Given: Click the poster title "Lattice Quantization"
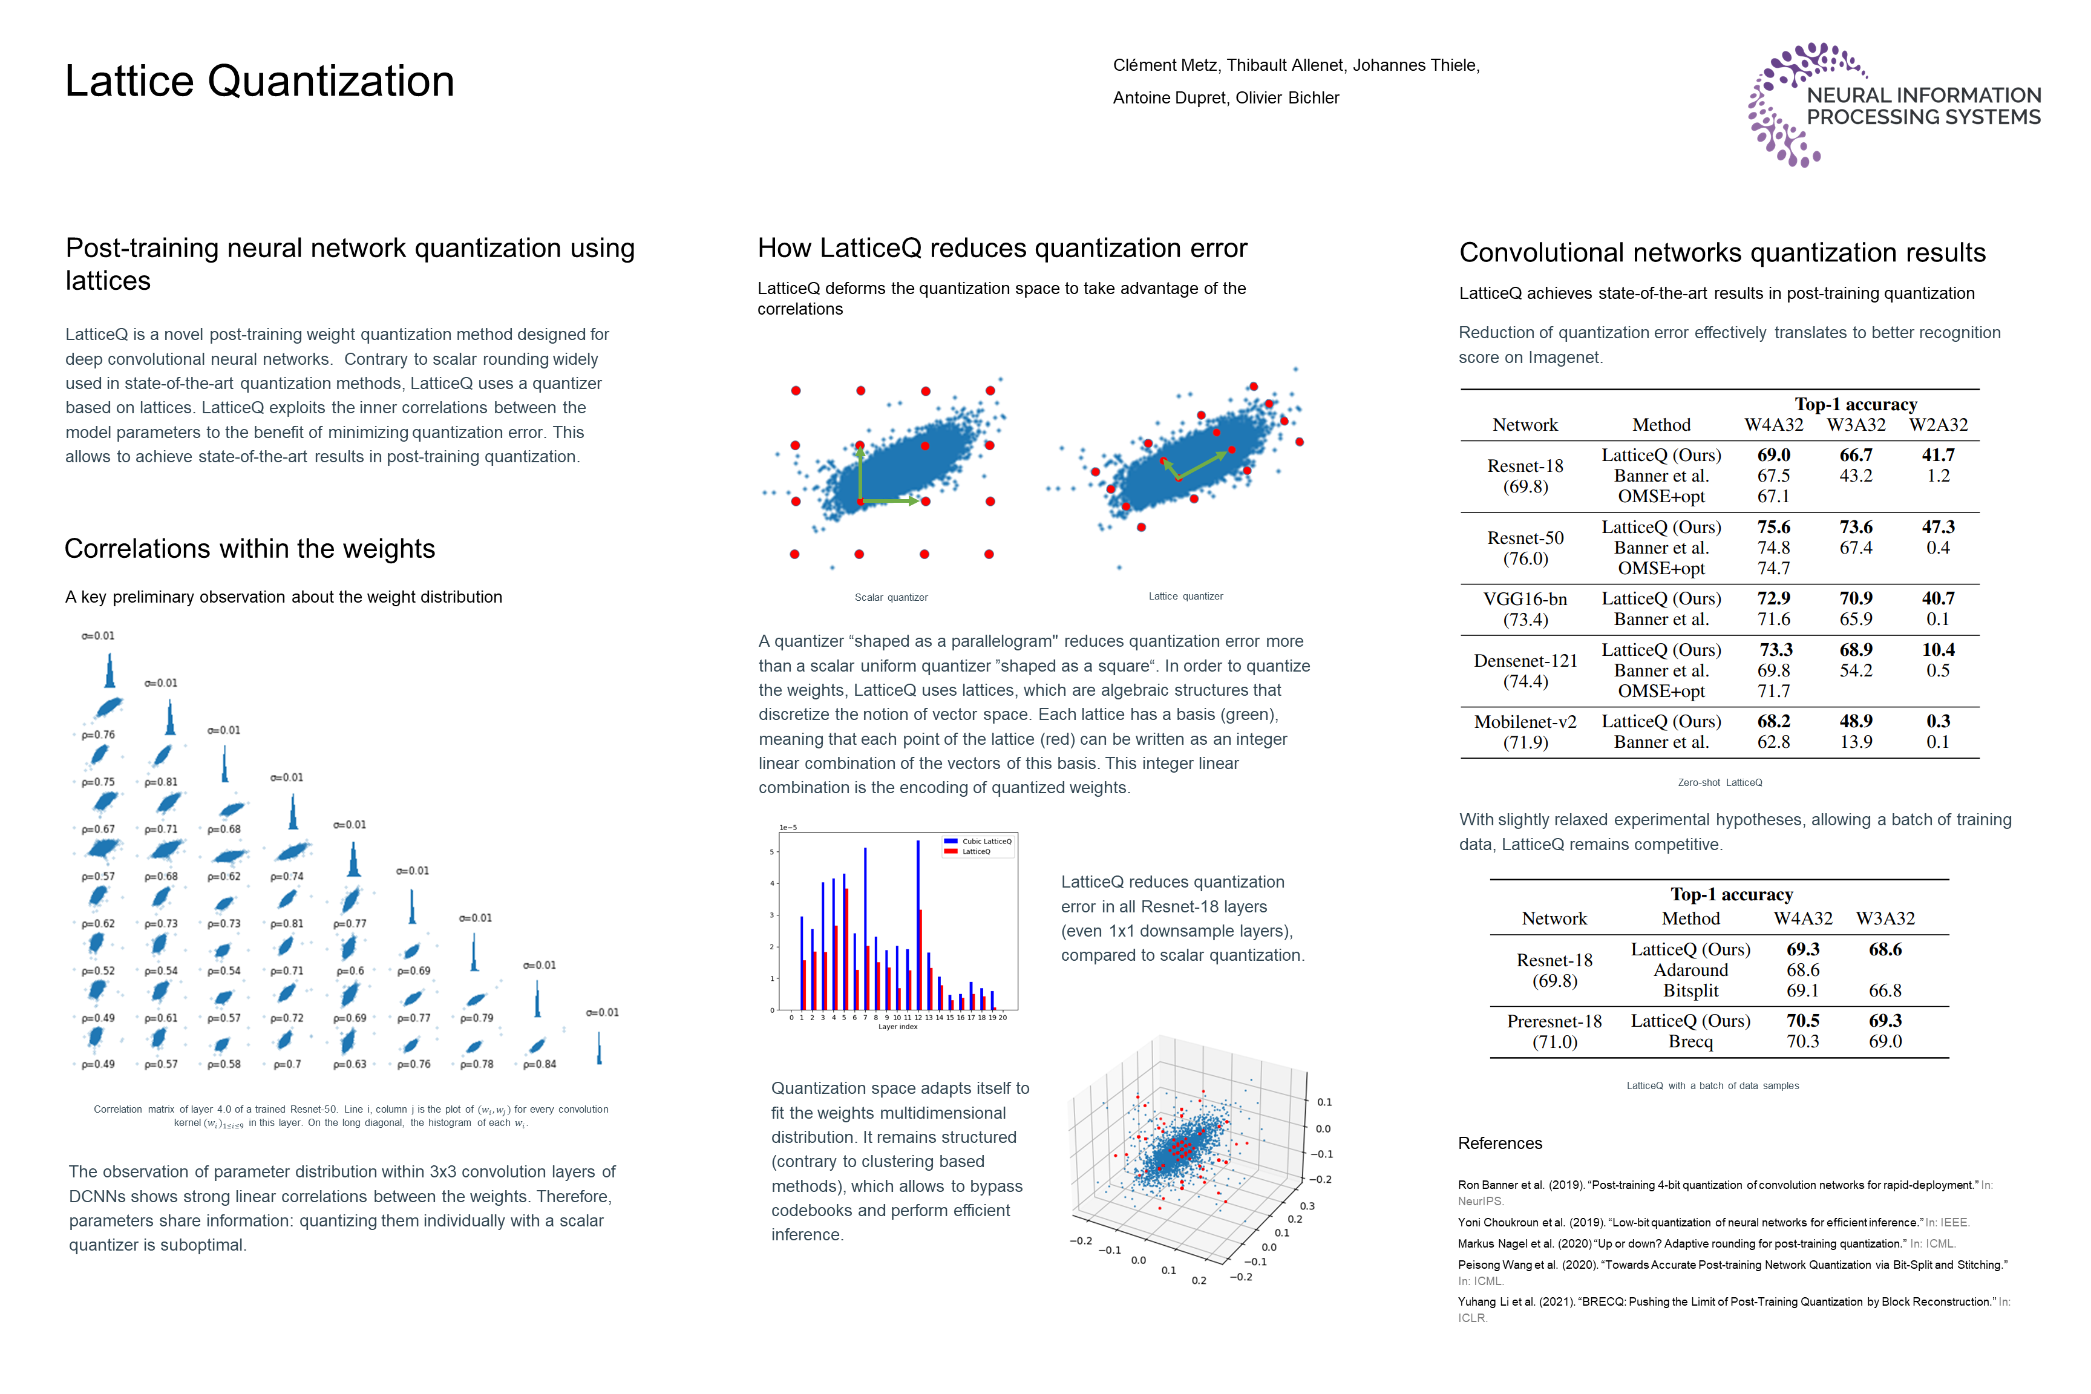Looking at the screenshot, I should point(260,81).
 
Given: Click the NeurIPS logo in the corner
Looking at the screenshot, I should point(1894,105).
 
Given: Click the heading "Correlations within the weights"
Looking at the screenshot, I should point(250,549).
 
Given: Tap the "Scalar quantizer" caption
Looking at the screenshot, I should point(891,597).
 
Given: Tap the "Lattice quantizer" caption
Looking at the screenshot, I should point(1185,597).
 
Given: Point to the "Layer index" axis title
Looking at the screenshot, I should point(897,1027).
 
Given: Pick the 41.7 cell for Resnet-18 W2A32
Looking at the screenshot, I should point(1938,455).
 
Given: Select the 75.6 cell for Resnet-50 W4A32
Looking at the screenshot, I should point(1773,527).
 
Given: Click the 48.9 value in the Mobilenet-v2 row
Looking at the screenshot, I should point(1856,721).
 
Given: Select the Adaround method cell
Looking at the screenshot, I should point(1691,970).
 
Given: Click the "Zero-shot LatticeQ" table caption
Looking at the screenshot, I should point(1720,782).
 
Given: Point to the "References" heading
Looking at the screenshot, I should point(1500,1144).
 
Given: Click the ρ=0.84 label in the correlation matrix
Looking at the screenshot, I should point(540,1064).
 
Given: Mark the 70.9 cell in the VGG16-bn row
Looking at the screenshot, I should point(1856,598).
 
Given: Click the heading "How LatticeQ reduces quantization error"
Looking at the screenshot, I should point(1002,248).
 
